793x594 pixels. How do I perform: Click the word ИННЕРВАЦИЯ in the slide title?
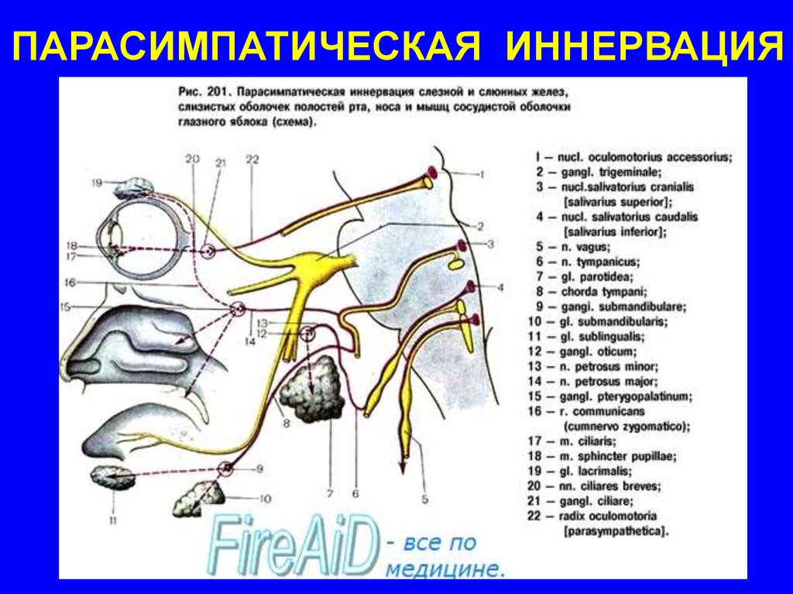(x=641, y=47)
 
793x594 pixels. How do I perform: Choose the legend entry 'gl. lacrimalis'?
(x=597, y=469)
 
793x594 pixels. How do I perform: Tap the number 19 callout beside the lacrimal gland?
(x=96, y=183)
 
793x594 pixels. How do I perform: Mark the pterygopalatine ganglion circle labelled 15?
(x=238, y=309)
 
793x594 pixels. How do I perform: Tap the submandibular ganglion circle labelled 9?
(x=225, y=467)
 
